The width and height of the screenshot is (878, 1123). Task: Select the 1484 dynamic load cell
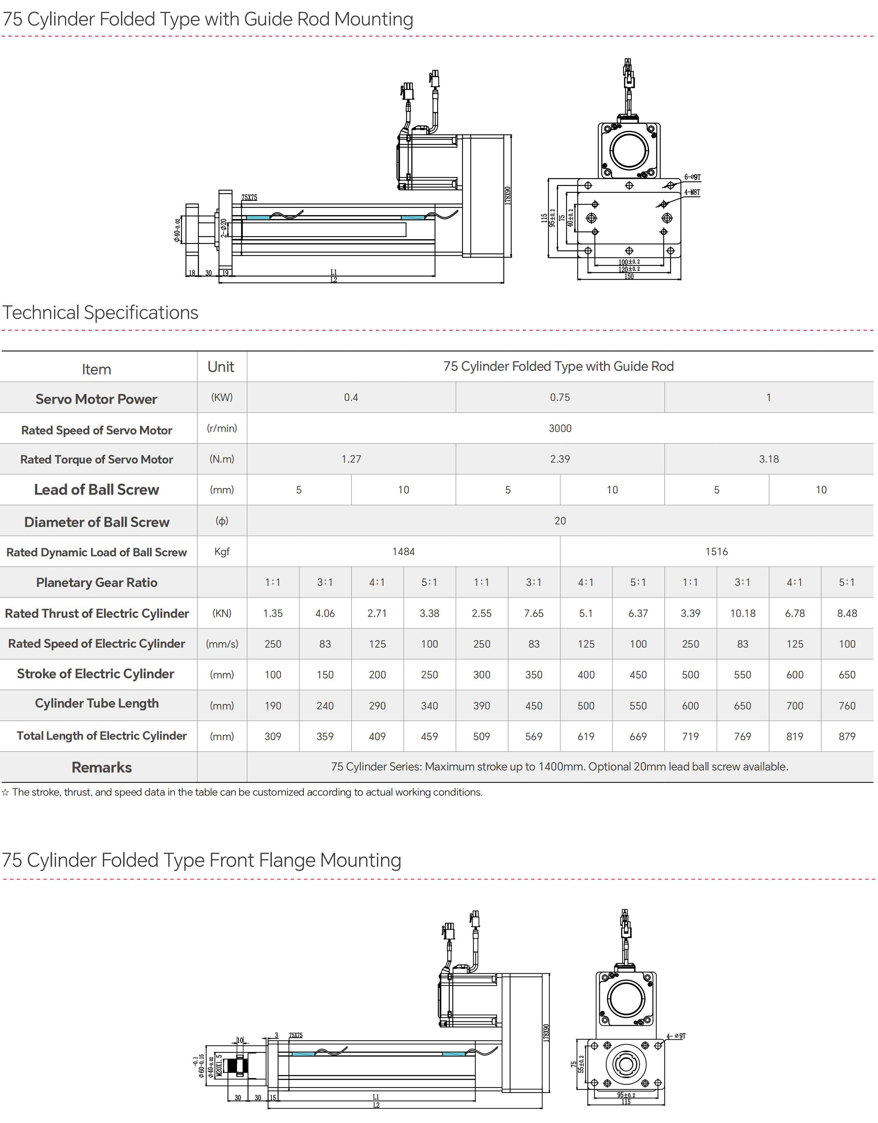point(403,551)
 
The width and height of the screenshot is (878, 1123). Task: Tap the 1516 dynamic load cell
point(716,551)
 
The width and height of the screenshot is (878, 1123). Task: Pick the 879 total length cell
point(847,736)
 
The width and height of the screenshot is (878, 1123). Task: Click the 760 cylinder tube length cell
point(847,706)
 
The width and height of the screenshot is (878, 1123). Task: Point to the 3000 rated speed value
point(560,428)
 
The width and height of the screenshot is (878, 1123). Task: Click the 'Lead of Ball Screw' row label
point(97,490)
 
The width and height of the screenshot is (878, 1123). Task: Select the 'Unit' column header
point(221,367)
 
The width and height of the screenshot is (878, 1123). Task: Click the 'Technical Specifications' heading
point(100,312)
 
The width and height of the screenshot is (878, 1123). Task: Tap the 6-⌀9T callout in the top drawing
point(692,177)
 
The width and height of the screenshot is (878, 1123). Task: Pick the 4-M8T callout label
point(692,192)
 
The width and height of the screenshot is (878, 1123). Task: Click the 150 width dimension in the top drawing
point(629,277)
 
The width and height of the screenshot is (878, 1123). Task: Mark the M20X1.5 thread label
point(219,1065)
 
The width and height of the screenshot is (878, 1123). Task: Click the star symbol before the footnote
point(5,792)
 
